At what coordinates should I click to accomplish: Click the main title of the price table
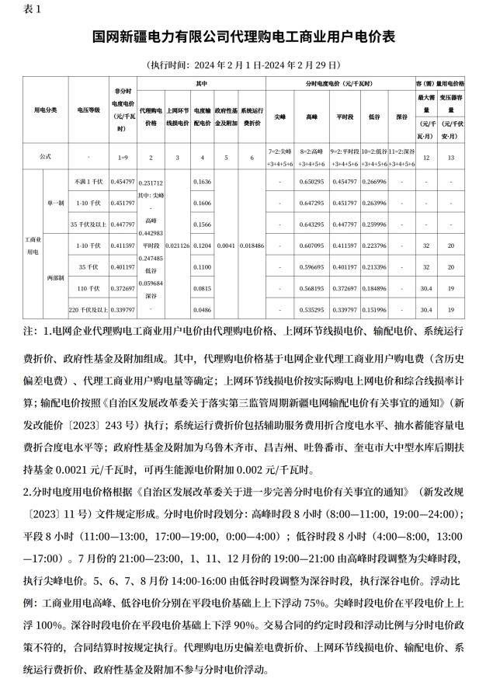(x=243, y=37)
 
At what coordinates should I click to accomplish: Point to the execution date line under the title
(x=243, y=65)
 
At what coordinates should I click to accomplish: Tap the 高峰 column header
(x=311, y=117)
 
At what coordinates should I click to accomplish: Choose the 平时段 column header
(x=344, y=117)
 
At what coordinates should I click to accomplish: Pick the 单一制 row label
(x=56, y=203)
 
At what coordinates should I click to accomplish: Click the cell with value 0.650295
(x=311, y=182)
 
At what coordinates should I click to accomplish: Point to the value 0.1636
(x=202, y=182)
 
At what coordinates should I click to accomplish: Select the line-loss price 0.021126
(x=177, y=245)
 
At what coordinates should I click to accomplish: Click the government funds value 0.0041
(x=226, y=245)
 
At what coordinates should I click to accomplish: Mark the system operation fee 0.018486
(x=252, y=245)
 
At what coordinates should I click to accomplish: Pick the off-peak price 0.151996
(x=375, y=309)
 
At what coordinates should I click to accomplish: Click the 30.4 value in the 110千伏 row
(x=425, y=288)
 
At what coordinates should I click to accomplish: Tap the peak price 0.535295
(x=311, y=309)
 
